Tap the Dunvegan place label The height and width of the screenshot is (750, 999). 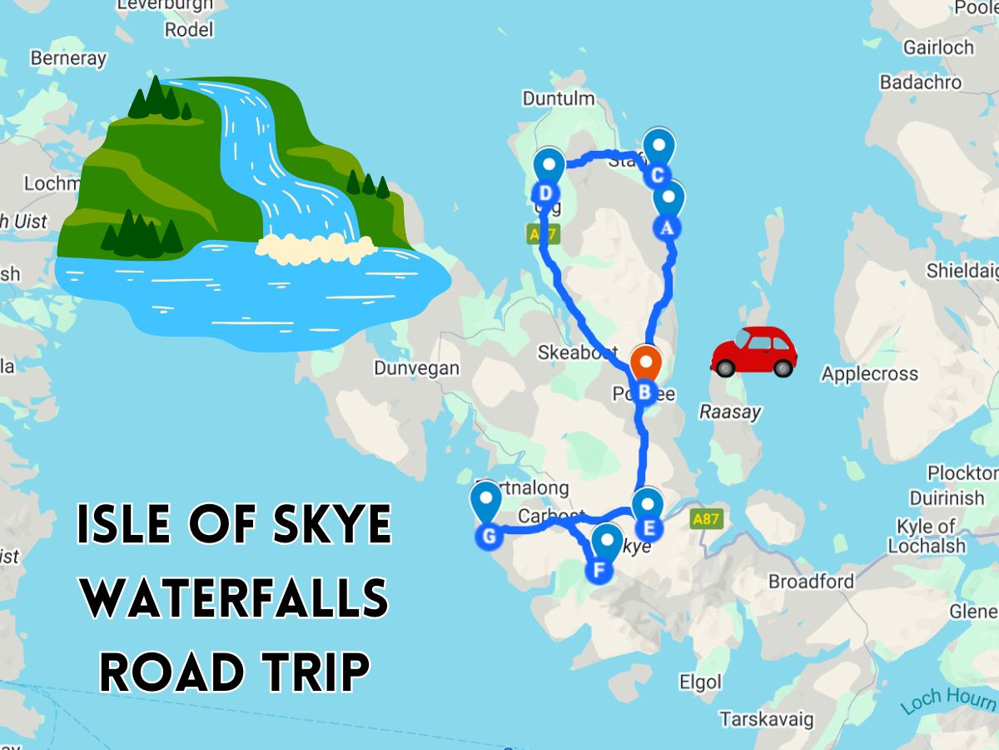pos(416,368)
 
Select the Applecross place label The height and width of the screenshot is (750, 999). pos(869,374)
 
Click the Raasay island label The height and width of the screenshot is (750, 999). pos(729,412)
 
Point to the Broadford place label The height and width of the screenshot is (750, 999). pos(810,582)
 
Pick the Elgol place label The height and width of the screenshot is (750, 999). pos(700,682)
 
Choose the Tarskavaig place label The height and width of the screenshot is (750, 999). pos(767,719)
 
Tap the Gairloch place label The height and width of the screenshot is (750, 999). pos(937,47)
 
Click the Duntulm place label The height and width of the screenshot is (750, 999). pos(559,98)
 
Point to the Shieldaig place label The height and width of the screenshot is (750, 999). pos(962,272)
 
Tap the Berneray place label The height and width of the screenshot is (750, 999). pos(68,58)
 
